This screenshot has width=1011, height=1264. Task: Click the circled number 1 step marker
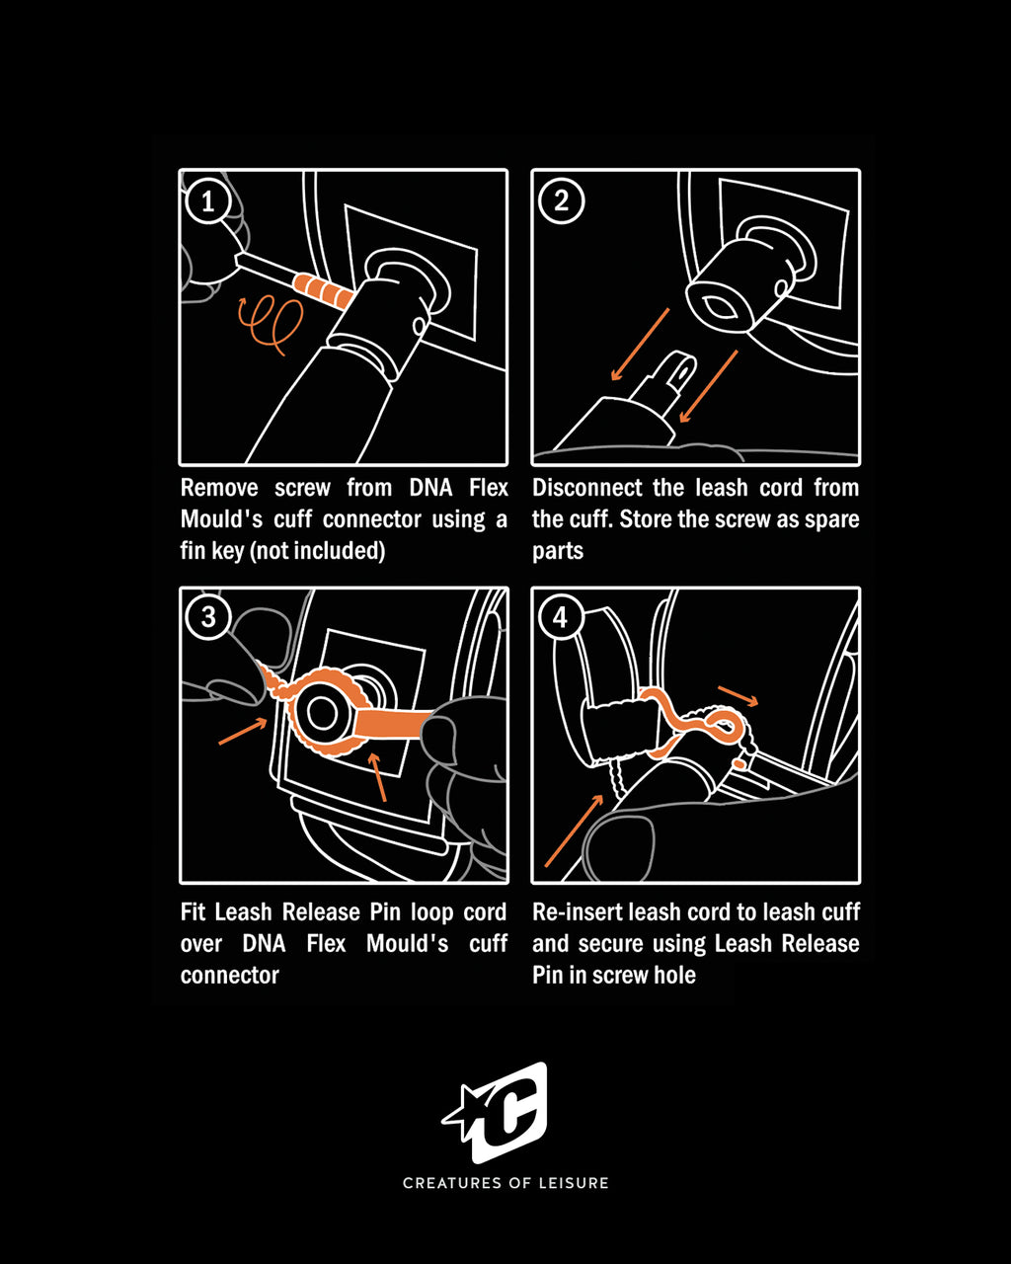[x=207, y=201]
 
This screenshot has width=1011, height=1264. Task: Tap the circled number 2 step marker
[x=561, y=201]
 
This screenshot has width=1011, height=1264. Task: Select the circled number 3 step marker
[x=207, y=617]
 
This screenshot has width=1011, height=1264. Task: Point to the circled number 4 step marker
[x=561, y=618]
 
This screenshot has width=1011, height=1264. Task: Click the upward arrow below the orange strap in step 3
[x=378, y=776]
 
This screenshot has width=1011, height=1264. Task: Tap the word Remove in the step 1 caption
[x=219, y=488]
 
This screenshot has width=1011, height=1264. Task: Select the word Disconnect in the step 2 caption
[x=588, y=488]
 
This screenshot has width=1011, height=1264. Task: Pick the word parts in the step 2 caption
[x=558, y=551]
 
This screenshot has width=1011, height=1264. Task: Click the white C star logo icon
[x=497, y=1112]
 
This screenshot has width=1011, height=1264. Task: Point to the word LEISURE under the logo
[x=574, y=1183]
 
